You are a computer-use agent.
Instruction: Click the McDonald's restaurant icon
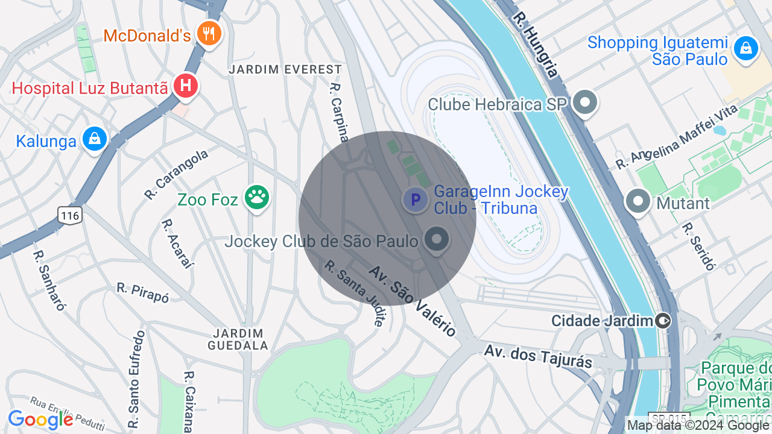(209, 34)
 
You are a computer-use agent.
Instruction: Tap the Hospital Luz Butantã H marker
(186, 86)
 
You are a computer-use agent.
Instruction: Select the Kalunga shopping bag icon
(95, 139)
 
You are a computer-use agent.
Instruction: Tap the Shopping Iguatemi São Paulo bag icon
(746, 48)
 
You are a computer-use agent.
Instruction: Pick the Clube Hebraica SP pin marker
(584, 103)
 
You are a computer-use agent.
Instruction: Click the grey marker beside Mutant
(638, 201)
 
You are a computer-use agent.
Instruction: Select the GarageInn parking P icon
(415, 200)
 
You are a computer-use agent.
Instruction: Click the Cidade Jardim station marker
(663, 321)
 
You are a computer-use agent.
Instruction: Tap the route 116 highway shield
(70, 215)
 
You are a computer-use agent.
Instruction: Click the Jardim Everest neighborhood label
(285, 69)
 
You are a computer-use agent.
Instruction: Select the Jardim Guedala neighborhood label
(238, 339)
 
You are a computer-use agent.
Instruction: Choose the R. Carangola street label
(176, 174)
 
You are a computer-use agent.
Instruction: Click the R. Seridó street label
(698, 246)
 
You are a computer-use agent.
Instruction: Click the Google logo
(40, 420)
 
